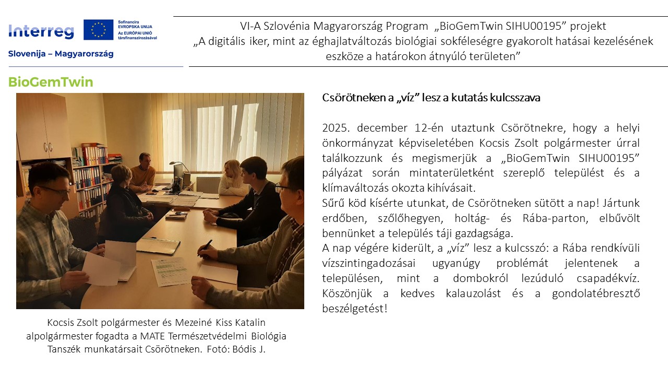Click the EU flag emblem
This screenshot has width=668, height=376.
[x=98, y=30]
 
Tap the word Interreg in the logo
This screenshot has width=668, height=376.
[x=41, y=31]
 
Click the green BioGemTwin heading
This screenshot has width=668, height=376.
[x=51, y=82]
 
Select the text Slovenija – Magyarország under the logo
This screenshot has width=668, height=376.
[x=61, y=54]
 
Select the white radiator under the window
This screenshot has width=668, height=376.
[x=208, y=184]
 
